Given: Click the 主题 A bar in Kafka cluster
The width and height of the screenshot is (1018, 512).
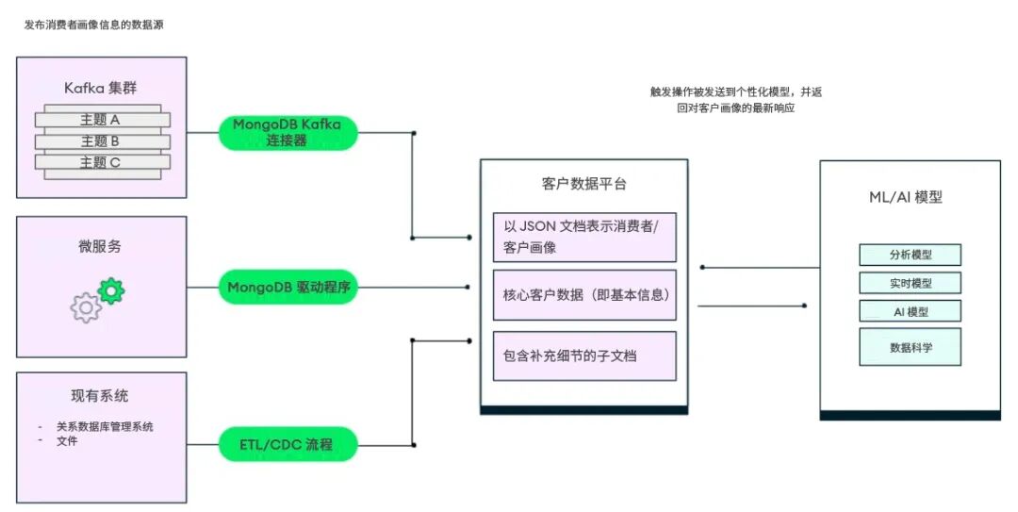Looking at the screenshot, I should (x=102, y=120).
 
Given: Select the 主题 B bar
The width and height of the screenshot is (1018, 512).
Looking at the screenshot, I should (x=102, y=141).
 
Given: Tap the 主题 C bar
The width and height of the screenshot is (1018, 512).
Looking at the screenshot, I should (x=102, y=162).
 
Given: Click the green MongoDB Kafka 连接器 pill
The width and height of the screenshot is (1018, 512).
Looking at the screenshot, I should (x=288, y=132).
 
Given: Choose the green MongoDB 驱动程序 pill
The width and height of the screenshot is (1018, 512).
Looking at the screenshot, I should (x=288, y=287).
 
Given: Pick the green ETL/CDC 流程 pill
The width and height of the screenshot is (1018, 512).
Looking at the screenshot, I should (x=288, y=443).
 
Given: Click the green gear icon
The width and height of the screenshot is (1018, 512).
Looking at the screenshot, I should (x=111, y=290).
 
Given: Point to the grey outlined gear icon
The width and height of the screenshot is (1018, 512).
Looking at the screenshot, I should (x=86, y=307).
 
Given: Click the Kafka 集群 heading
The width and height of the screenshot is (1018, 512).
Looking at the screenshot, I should (x=101, y=88).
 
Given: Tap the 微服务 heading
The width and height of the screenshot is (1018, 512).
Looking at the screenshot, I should (x=100, y=247).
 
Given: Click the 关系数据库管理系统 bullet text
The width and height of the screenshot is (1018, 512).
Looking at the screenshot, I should (x=105, y=426).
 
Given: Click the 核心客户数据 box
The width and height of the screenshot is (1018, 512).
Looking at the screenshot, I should (x=584, y=295).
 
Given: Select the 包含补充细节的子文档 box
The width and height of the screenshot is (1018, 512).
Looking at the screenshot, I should (x=584, y=355).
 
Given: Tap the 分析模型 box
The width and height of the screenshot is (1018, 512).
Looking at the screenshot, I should (x=910, y=255).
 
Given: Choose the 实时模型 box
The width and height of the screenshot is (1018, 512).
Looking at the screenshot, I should (x=910, y=283).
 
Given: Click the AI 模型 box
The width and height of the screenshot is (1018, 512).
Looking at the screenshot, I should (x=910, y=311).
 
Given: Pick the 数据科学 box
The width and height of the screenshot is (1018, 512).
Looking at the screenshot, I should (x=910, y=347).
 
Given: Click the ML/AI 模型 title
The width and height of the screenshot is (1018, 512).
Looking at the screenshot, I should (x=910, y=198).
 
